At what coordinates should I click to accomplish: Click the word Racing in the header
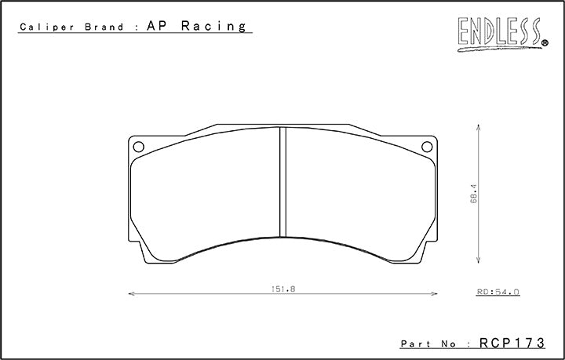tap(214, 26)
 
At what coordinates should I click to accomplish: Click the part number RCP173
tap(513, 344)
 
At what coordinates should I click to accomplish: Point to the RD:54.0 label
tap(498, 292)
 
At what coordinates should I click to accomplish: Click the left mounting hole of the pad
tap(139, 146)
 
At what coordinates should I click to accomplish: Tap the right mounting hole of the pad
tap(427, 146)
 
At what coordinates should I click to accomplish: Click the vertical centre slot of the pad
tap(283, 182)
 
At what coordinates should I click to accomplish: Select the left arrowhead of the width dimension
tap(130, 295)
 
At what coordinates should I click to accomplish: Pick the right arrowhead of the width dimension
tap(435, 295)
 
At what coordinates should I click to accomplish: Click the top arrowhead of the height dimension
tap(479, 125)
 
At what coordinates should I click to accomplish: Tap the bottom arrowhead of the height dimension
tap(479, 262)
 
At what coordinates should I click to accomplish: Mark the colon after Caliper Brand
tap(138, 27)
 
